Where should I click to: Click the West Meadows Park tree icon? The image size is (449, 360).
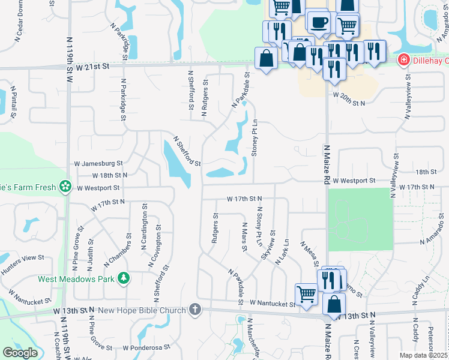124,278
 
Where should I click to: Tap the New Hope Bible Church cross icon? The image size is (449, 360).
194,310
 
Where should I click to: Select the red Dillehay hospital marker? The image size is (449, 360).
404,60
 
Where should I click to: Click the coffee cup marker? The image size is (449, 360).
318,23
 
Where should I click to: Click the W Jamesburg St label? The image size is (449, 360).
98,163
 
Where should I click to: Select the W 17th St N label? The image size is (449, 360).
244,198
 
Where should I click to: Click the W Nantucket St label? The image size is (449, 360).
273,304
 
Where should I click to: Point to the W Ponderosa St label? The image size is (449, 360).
146,347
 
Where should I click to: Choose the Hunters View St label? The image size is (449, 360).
23,257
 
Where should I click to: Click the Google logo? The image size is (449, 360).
20,352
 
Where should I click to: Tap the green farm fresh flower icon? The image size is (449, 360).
65,187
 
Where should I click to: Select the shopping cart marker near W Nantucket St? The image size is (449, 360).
306,294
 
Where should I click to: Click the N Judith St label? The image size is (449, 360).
91,252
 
